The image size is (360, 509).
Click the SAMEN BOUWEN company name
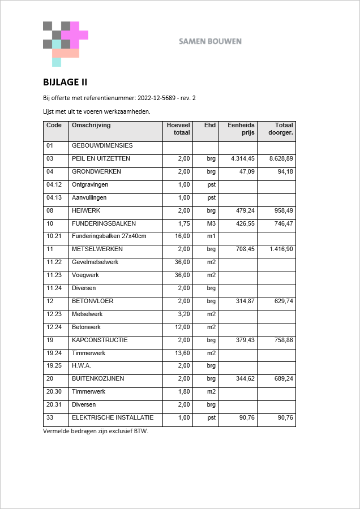click(x=210, y=41)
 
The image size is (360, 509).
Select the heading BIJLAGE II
click(x=65, y=82)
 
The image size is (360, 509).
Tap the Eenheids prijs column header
click(x=241, y=129)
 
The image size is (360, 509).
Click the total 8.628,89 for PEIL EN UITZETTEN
click(x=281, y=159)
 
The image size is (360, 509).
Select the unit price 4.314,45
click(x=243, y=159)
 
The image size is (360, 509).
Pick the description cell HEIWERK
click(x=86, y=210)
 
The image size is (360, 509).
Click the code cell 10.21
click(x=54, y=236)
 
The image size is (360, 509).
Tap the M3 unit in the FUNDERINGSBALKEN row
click(x=211, y=223)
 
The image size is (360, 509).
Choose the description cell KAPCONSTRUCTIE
click(x=100, y=340)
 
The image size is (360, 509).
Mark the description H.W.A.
click(x=82, y=366)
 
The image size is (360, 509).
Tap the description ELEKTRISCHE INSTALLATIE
click(x=113, y=418)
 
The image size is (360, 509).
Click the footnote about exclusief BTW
click(x=95, y=431)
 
